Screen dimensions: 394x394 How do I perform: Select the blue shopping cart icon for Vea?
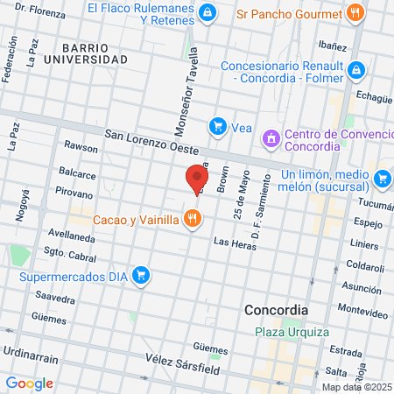click(x=216, y=128)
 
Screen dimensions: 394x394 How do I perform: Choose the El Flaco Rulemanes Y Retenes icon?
click(x=208, y=12)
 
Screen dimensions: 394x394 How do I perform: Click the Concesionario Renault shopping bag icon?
click(x=356, y=69)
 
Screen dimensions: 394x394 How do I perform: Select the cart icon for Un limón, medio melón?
click(x=382, y=179)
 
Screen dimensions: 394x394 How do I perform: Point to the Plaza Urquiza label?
click(x=292, y=332)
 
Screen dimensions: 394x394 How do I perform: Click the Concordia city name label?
click(x=276, y=310)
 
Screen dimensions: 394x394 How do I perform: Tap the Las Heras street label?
click(x=232, y=242)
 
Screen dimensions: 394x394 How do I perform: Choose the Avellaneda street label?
click(x=72, y=236)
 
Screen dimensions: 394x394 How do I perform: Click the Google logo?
click(x=29, y=383)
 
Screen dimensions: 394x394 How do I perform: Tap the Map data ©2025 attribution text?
click(x=356, y=387)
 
